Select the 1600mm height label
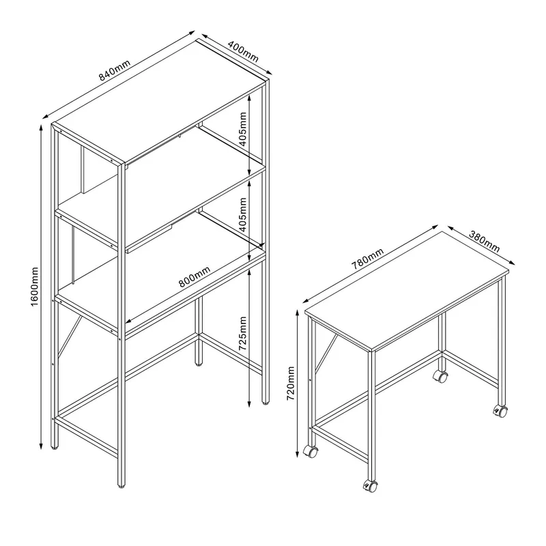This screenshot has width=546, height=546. pos(35,287)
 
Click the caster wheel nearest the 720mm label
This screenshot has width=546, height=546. pos(311,451)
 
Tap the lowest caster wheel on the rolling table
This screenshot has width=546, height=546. pos(371,486)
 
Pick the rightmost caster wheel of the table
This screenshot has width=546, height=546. pos(502,411)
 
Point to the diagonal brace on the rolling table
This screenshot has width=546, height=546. pos(326,355)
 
